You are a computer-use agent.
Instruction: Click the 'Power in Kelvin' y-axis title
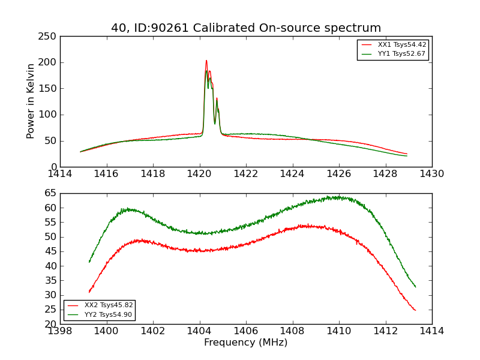click(31, 101)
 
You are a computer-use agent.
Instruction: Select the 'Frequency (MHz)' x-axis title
click(245, 343)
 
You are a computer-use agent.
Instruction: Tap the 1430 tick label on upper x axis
click(431, 173)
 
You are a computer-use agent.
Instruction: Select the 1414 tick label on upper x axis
click(60, 173)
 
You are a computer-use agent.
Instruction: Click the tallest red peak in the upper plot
click(206, 60)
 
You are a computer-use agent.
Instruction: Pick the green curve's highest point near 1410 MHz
click(338, 196)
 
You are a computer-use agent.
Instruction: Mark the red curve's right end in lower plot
click(415, 310)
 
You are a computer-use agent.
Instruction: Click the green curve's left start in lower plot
click(89, 262)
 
